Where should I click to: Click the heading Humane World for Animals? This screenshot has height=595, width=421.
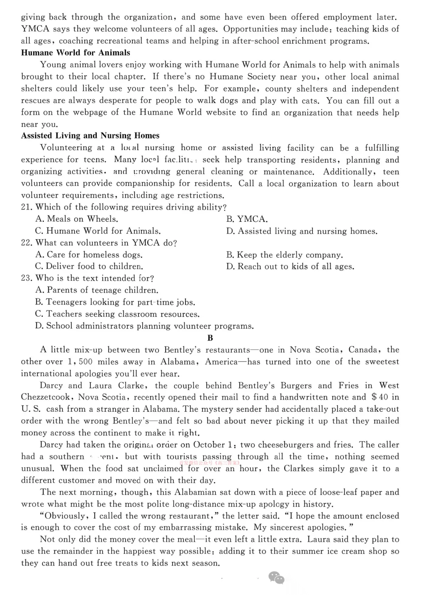[x=76, y=53]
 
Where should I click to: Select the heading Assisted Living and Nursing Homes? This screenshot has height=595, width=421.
[x=90, y=136]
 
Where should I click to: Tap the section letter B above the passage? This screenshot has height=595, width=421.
[x=210, y=338]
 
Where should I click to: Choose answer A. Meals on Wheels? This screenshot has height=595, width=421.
[x=77, y=219]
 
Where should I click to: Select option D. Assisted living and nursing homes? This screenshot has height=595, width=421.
[x=302, y=231]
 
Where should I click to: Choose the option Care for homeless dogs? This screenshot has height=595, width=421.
[x=89, y=255]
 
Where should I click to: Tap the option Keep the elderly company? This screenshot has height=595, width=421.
[x=284, y=255]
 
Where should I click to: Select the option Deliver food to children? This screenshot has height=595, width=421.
[x=89, y=267]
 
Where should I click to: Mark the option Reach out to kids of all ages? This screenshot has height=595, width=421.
[x=290, y=267]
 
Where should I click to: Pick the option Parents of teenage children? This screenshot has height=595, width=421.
[x=97, y=291]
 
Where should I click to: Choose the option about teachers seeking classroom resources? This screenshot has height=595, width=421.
[x=118, y=314]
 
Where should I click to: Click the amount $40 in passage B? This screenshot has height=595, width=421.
[x=379, y=397]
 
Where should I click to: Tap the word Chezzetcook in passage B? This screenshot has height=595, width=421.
[x=48, y=397]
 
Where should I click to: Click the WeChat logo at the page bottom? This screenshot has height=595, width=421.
[x=276, y=577]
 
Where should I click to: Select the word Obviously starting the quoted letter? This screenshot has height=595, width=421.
[x=64, y=516]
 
